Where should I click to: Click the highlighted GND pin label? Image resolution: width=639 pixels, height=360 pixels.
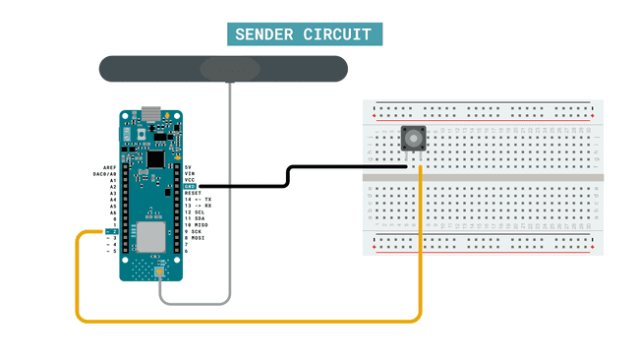coord(190,185)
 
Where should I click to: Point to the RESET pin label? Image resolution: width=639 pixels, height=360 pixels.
coord(193,193)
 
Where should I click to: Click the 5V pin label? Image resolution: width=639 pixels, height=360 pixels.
coord(188,167)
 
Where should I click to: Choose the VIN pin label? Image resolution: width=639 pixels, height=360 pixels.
coord(190,173)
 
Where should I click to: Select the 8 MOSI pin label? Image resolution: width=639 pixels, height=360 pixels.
coord(194,238)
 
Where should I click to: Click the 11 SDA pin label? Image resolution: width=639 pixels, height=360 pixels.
coord(194,218)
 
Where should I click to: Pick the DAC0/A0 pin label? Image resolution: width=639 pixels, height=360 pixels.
coord(104,174)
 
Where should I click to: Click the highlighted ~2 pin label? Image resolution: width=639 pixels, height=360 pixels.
coord(111,231)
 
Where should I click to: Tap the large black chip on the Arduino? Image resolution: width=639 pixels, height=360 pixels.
coord(155,156)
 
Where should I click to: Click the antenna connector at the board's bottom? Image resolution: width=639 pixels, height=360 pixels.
coord(158,271)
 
